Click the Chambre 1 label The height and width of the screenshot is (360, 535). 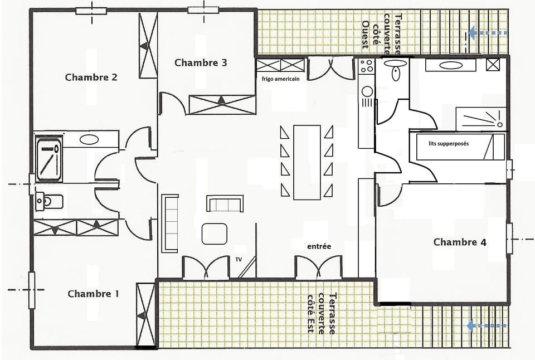tap(93, 294)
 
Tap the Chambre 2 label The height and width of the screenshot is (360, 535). tap(91, 77)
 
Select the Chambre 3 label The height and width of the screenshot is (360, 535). tap(201, 62)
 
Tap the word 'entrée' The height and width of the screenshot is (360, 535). tap(319, 246)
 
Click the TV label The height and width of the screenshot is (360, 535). tap(239, 260)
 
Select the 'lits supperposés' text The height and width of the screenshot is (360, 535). tap(449, 143)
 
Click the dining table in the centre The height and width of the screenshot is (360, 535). tap(307, 162)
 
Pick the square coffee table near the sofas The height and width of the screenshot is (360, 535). tap(215, 233)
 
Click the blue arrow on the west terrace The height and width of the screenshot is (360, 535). tap(488, 33)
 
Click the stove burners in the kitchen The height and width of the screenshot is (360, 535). tap(366, 66)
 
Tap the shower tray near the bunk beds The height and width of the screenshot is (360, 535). tap(480, 117)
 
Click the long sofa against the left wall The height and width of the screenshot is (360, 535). tap(171, 222)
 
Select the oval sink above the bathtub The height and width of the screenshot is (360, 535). tap(89, 139)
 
